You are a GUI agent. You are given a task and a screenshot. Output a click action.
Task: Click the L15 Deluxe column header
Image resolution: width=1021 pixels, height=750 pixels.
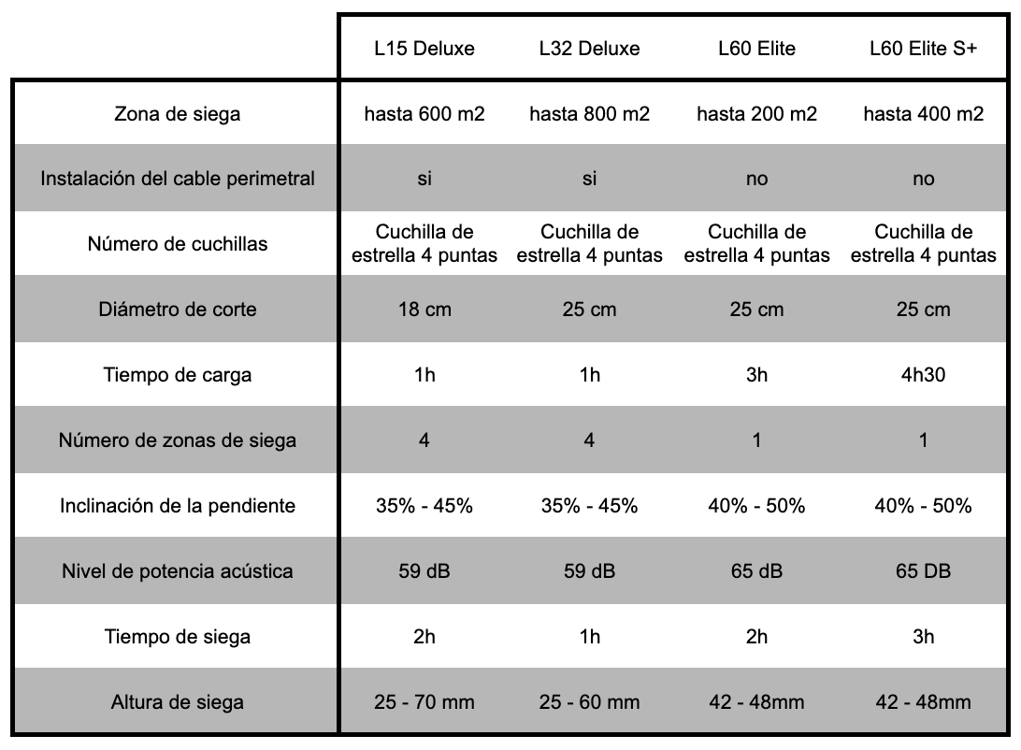click(424, 49)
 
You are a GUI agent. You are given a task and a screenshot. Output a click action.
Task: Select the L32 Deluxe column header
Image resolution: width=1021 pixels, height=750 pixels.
click(589, 49)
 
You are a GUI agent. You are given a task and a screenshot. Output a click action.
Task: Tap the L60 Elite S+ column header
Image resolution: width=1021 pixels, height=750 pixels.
click(923, 49)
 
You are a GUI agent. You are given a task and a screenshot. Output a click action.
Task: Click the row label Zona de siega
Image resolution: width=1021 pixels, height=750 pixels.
click(177, 114)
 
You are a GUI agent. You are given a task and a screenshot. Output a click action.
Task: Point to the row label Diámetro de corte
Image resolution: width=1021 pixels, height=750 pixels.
click(177, 310)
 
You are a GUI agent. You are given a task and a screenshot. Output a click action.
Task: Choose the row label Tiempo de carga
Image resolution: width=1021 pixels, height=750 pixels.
click(177, 376)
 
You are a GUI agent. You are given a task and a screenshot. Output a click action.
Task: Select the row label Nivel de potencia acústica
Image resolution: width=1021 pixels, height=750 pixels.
click(177, 570)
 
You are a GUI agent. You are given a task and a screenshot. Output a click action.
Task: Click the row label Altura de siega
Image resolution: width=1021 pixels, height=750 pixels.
click(177, 701)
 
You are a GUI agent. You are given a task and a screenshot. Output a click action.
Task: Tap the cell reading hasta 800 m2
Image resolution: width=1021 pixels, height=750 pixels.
click(589, 114)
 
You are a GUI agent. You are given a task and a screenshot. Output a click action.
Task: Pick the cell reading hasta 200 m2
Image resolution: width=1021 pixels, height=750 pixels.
click(756, 114)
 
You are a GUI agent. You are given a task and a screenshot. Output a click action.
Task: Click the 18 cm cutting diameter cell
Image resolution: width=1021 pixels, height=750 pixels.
click(424, 310)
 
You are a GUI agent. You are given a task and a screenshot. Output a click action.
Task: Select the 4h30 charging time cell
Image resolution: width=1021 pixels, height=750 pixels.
click(923, 376)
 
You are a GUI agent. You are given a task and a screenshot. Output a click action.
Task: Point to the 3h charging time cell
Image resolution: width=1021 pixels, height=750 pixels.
click(756, 376)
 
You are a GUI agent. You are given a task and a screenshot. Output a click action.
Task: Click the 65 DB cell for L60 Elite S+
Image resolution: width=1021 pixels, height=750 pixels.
click(923, 570)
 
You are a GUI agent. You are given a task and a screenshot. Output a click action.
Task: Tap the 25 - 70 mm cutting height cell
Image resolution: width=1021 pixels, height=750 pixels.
click(424, 701)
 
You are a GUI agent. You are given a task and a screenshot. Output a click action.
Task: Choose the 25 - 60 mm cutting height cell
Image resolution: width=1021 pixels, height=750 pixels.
click(589, 701)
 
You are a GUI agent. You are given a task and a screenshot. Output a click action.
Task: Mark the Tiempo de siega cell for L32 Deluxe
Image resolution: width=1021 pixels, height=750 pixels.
click(589, 637)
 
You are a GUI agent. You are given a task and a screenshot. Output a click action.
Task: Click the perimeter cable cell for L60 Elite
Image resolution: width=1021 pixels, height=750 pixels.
click(756, 179)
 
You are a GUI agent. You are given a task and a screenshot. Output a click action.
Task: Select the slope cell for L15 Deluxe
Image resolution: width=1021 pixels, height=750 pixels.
click(424, 506)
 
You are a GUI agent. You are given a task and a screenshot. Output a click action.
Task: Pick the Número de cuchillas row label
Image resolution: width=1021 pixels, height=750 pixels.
click(177, 244)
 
